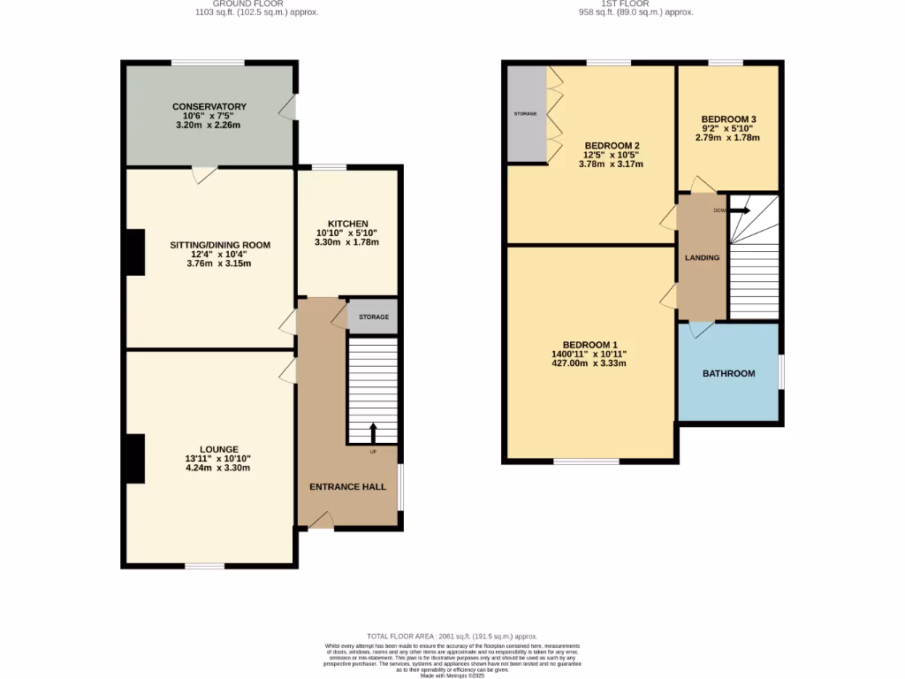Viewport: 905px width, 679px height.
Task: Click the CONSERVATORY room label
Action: [x=209, y=106]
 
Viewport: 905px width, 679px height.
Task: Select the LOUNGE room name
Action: [x=217, y=449]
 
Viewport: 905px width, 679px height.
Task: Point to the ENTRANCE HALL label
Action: [x=347, y=486]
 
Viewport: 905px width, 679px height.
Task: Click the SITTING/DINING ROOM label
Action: [x=220, y=245]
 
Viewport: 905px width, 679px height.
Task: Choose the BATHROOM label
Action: [x=728, y=373]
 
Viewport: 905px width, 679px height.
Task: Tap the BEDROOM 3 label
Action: [x=728, y=118]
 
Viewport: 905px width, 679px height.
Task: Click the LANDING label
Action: [x=703, y=257]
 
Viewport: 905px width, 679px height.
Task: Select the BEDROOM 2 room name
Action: [x=612, y=146]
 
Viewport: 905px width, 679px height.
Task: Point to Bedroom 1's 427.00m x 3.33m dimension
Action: [x=589, y=363]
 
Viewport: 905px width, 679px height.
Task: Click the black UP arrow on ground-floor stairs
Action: [x=372, y=432]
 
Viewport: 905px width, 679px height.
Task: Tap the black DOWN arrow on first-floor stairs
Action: [x=740, y=210]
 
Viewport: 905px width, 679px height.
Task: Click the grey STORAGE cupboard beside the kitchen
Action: [x=373, y=317]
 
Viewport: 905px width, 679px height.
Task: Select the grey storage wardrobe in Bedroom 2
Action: [x=527, y=114]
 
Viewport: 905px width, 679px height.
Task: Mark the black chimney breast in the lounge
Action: [x=134, y=459]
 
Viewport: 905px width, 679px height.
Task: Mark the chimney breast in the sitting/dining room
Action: [x=134, y=252]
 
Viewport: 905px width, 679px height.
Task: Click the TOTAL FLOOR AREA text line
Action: [x=452, y=637]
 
